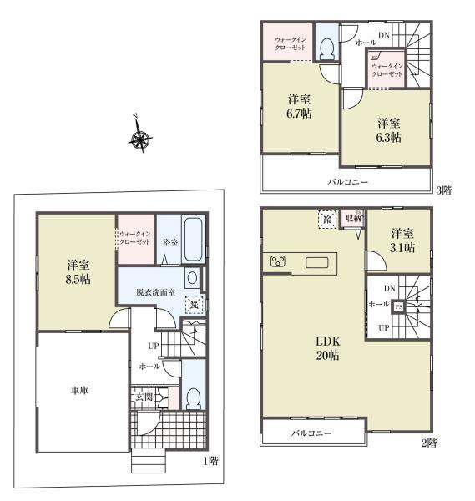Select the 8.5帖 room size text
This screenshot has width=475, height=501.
79,280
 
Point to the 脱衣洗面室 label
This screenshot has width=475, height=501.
154,292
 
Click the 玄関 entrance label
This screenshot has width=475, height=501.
144,398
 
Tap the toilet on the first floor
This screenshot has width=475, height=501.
192,397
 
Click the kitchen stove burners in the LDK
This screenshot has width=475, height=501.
278,264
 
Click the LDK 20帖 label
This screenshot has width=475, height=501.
326,348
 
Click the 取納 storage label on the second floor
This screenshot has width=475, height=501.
354,219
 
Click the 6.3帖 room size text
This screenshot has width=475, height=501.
387,136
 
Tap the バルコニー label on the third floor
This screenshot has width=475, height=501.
347,181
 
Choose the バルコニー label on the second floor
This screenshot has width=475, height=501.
312,433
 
